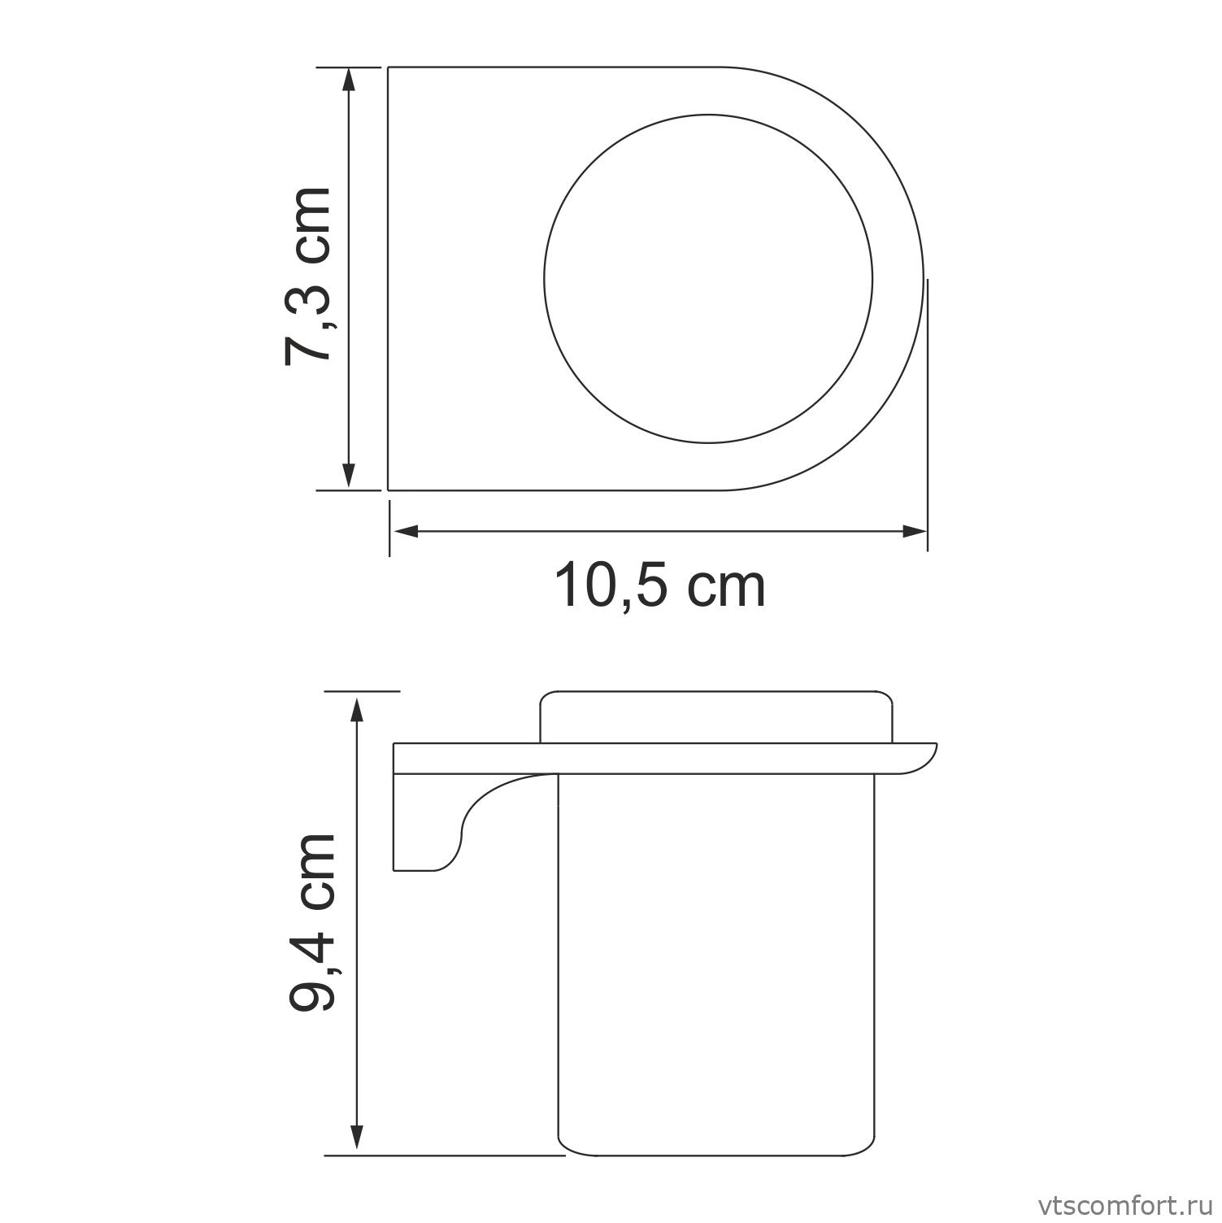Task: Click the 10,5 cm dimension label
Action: (659, 586)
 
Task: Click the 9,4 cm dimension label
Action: (312, 921)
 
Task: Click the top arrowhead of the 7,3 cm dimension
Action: (349, 79)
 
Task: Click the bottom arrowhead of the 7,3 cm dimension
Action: (349, 477)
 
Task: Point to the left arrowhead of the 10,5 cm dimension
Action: (405, 532)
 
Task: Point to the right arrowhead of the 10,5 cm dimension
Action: (915, 532)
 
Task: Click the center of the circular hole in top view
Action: (708, 279)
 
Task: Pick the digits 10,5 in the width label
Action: (614, 586)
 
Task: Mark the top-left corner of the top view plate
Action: (389, 67)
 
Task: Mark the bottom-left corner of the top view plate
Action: (389, 490)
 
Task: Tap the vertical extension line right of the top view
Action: (927, 407)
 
